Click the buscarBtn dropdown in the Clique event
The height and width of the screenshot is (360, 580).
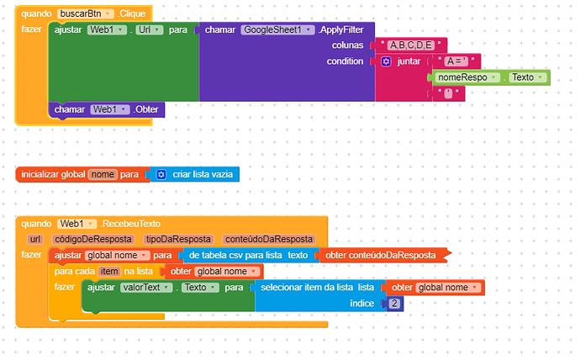86,13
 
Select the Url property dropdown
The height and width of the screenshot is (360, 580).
150,29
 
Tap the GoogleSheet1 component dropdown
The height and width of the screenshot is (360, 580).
277,29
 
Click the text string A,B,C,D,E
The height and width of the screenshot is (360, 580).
411,45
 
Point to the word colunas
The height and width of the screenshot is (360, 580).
347,45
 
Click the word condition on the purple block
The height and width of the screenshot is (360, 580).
345,61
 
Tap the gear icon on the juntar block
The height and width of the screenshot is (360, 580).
386,61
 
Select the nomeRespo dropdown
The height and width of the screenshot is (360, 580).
467,77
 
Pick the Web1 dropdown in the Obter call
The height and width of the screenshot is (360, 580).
110,109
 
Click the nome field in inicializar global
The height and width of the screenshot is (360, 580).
103,174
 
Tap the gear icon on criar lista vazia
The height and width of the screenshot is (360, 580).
161,174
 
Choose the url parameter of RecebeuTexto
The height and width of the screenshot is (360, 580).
35,240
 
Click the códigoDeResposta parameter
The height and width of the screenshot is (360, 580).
93,240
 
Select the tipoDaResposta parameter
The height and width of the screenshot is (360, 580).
178,240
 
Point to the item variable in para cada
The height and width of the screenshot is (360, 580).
109,272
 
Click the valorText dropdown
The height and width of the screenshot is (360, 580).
146,288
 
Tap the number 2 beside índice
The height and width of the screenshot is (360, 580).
394,304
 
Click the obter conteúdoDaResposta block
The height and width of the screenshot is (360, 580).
383,256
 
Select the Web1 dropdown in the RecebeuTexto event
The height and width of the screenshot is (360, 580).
76,224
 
